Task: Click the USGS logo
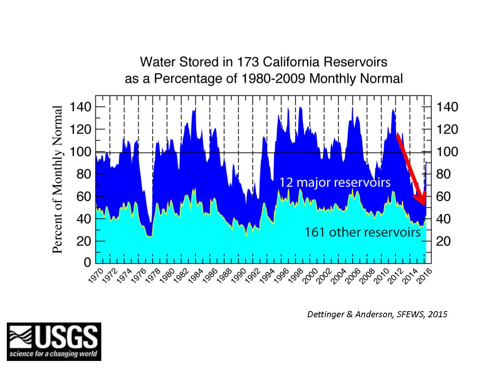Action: [x=54, y=341]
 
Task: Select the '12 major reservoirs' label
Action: [x=335, y=182]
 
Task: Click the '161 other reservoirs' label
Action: [x=362, y=232]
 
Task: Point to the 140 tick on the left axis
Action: [x=81, y=107]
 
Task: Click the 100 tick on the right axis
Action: [x=447, y=152]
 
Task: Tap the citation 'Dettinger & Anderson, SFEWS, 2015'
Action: [x=377, y=314]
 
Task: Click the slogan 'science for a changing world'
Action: [x=53, y=354]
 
